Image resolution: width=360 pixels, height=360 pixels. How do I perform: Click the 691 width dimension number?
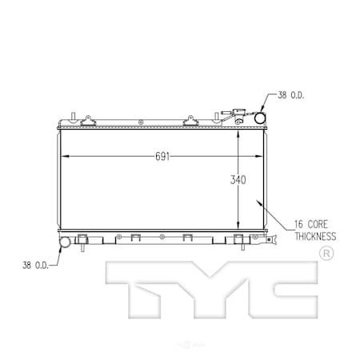click(x=162, y=157)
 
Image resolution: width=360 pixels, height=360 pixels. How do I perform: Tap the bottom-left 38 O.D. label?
click(x=34, y=264)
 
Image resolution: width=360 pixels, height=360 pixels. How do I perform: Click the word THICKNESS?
click(x=314, y=236)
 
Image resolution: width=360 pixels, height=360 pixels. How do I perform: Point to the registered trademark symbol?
click(x=326, y=254)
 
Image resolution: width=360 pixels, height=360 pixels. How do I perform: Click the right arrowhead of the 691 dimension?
click(x=260, y=157)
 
